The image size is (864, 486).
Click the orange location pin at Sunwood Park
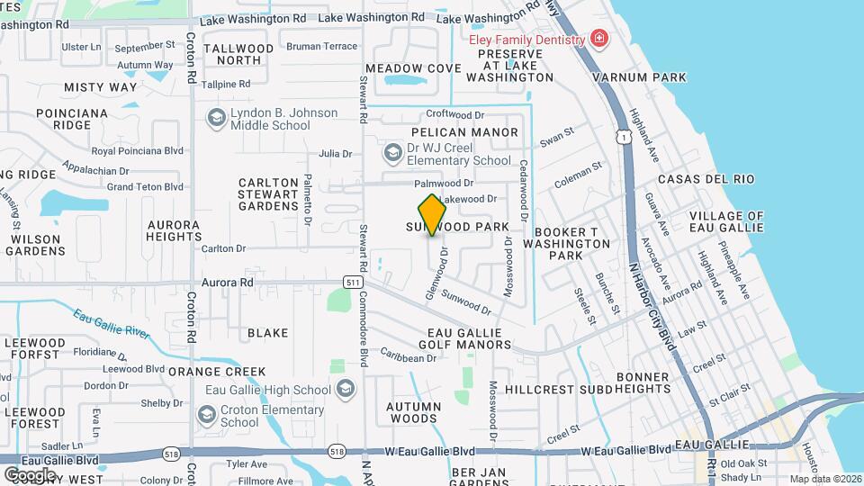[433, 215]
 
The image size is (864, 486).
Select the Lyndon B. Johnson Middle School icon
[216, 119]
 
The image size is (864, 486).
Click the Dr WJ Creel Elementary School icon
[392, 153]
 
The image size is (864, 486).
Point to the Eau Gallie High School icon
[346, 390]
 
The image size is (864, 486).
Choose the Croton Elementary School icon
[207, 416]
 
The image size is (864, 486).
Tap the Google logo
[30, 474]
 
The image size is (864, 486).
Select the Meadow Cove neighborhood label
[413, 68]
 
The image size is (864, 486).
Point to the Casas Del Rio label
[706, 179]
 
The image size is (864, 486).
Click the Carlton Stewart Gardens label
[268, 193]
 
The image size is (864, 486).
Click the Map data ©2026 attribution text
[825, 479]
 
